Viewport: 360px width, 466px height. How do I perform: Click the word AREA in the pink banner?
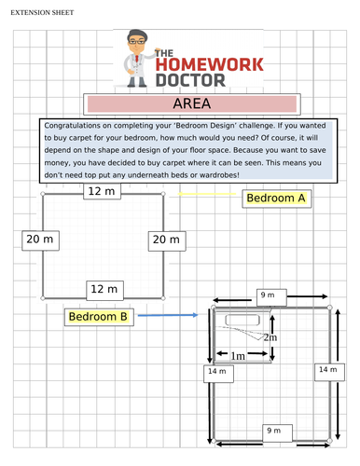[192, 103]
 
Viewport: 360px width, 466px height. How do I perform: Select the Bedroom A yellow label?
[276, 198]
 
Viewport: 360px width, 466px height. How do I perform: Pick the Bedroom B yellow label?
[98, 317]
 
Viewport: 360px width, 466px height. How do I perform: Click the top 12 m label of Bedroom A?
[103, 191]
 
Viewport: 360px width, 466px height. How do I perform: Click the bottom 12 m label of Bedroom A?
[103, 288]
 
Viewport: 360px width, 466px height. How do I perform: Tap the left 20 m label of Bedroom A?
[39, 240]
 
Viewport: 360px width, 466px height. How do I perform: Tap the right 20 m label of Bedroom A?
[165, 240]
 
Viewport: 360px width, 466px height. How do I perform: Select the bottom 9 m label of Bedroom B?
[273, 431]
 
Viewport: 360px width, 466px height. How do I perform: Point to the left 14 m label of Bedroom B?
[217, 372]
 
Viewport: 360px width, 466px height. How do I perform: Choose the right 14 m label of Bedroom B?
[327, 370]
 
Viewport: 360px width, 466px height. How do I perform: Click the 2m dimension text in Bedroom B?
[270, 336]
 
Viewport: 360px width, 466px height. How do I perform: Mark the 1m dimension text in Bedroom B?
[238, 355]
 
